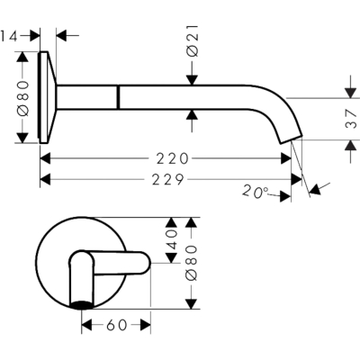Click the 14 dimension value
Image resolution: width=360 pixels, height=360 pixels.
tap(9, 36)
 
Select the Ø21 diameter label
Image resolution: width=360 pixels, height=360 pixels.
tap(193, 40)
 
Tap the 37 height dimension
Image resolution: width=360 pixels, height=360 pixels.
tap(352, 119)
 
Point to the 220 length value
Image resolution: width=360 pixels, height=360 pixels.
tap(172, 158)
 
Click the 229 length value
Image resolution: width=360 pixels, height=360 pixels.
tap(168, 180)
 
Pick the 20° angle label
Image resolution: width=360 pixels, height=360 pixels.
tap(255, 192)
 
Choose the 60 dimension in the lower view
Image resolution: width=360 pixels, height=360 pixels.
tap(116, 325)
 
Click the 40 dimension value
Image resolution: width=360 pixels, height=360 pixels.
tap(172, 239)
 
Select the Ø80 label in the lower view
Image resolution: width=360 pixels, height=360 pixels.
tap(192, 263)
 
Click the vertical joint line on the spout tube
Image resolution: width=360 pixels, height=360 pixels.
tap(119, 97)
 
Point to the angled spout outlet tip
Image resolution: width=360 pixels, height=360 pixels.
tap(292, 140)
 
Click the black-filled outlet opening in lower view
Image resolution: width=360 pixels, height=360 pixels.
tap(81, 305)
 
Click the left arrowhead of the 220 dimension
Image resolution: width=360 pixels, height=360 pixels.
tap(45, 158)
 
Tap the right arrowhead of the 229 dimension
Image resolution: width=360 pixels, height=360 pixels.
tap(296, 180)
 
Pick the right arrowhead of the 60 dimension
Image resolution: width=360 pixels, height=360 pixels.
tap(145, 325)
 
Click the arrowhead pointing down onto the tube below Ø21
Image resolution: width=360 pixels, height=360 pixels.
tap(193, 80)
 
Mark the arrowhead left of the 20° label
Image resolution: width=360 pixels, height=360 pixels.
tap(285, 197)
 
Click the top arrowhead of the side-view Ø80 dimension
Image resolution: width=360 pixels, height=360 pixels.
tap(22, 57)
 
